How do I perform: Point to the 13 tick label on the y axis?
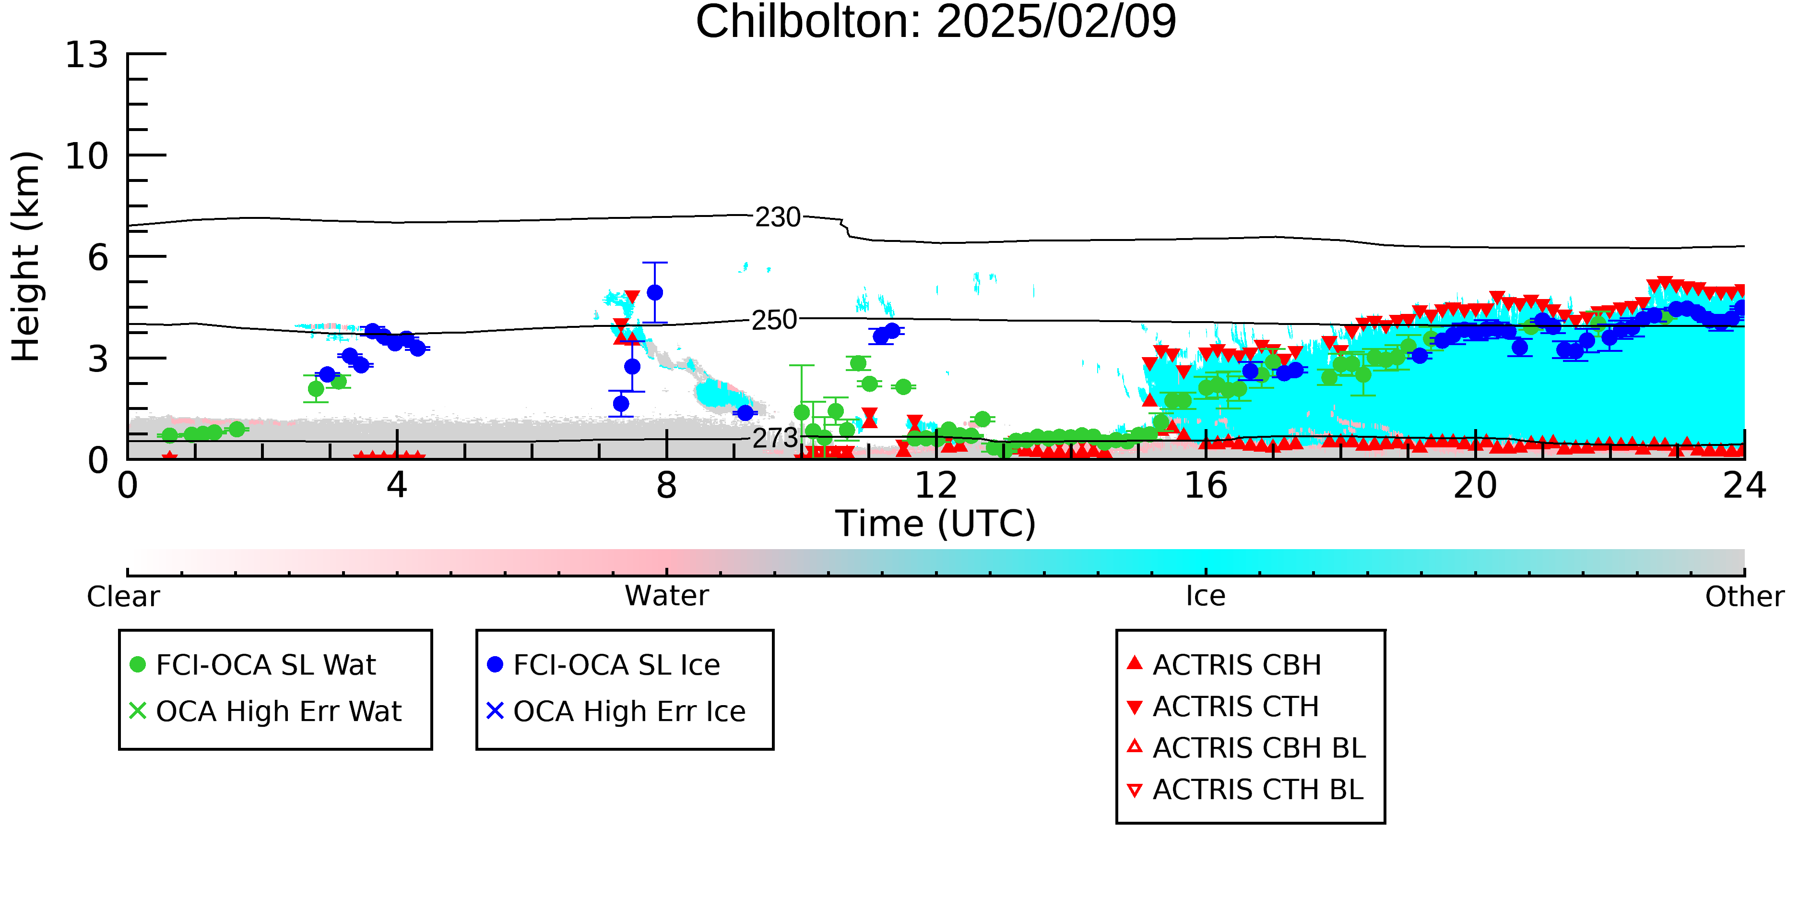click(x=87, y=55)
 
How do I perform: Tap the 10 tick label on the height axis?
click(x=87, y=156)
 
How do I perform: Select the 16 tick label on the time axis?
click(x=1206, y=486)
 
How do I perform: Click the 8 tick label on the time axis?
click(x=667, y=486)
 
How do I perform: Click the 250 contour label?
click(x=774, y=320)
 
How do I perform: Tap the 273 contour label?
click(x=775, y=438)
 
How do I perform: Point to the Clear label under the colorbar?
click(x=124, y=597)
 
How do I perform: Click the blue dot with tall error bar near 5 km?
click(x=655, y=293)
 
